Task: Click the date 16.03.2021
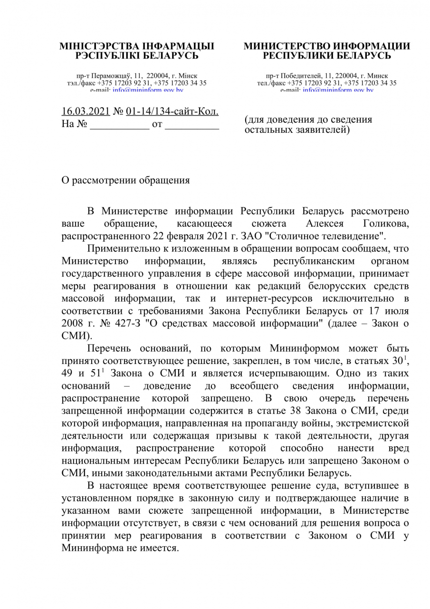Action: [x=86, y=112]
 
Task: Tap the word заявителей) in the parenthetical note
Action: [x=320, y=129]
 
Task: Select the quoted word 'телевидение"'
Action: [x=354, y=236]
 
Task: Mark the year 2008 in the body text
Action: [x=73, y=324]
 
